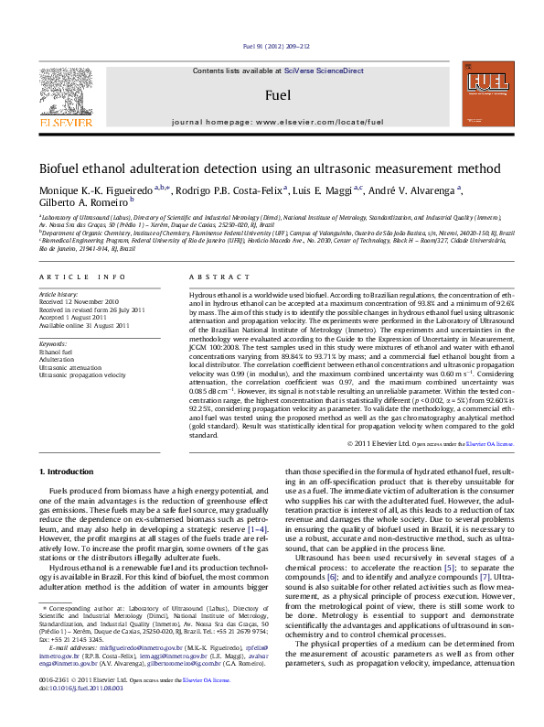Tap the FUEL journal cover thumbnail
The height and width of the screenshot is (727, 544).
pos(485,90)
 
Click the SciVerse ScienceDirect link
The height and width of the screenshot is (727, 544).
pos(324,71)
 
